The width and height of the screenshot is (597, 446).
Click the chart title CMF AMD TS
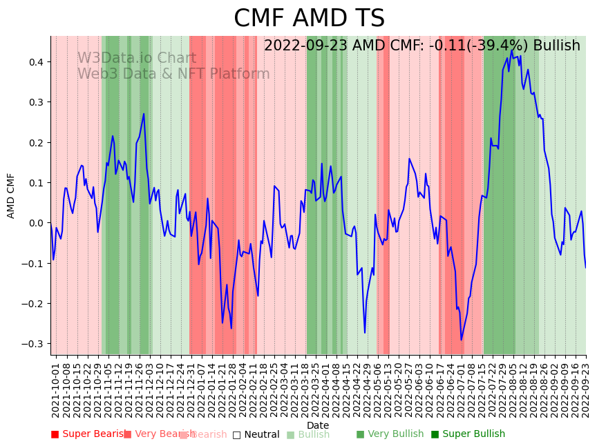coord(309,19)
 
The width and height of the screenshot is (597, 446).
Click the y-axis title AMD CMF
coord(11,195)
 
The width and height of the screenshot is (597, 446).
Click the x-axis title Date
coord(318,425)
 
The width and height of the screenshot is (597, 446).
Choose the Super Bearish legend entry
coord(86,434)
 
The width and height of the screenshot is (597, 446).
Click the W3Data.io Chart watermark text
coord(136,59)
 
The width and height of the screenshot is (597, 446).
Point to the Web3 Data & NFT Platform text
coord(173,74)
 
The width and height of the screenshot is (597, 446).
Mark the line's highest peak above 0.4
coord(512,50)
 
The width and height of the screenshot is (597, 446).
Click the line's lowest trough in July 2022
coord(462,340)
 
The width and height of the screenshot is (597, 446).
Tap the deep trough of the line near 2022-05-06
coord(365,333)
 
